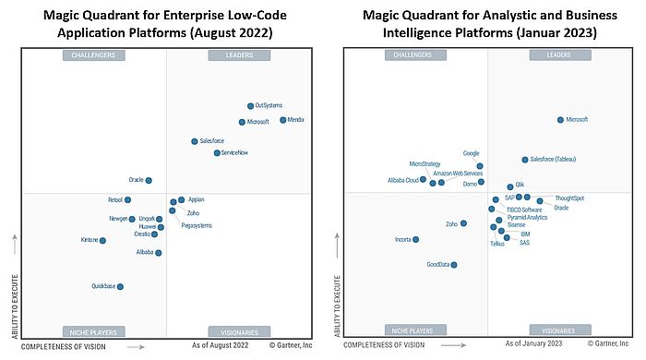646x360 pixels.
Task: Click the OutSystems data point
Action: pyautogui.click(x=250, y=106)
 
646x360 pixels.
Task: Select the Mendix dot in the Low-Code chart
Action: pyautogui.click(x=282, y=120)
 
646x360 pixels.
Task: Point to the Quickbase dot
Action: pyautogui.click(x=120, y=286)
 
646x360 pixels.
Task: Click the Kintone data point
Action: pyautogui.click(x=102, y=241)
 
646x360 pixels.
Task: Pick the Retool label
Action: pyautogui.click(x=114, y=199)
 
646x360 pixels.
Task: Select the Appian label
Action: pyautogui.click(x=196, y=199)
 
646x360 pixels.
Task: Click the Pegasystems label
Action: pyautogui.click(x=197, y=225)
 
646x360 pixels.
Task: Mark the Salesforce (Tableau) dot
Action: pyautogui.click(x=524, y=159)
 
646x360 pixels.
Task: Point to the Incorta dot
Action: pyautogui.click(x=416, y=240)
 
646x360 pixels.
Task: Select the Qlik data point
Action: pyautogui.click(x=510, y=186)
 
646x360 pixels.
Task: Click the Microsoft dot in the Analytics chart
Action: pyautogui.click(x=559, y=120)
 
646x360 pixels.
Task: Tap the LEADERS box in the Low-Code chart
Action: pyautogui.click(x=239, y=55)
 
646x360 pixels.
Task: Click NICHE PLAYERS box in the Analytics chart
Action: pyautogui.click(x=412, y=330)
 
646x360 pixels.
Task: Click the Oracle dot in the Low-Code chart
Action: pyautogui.click(x=149, y=180)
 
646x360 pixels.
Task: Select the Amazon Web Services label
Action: pyautogui.click(x=458, y=174)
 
